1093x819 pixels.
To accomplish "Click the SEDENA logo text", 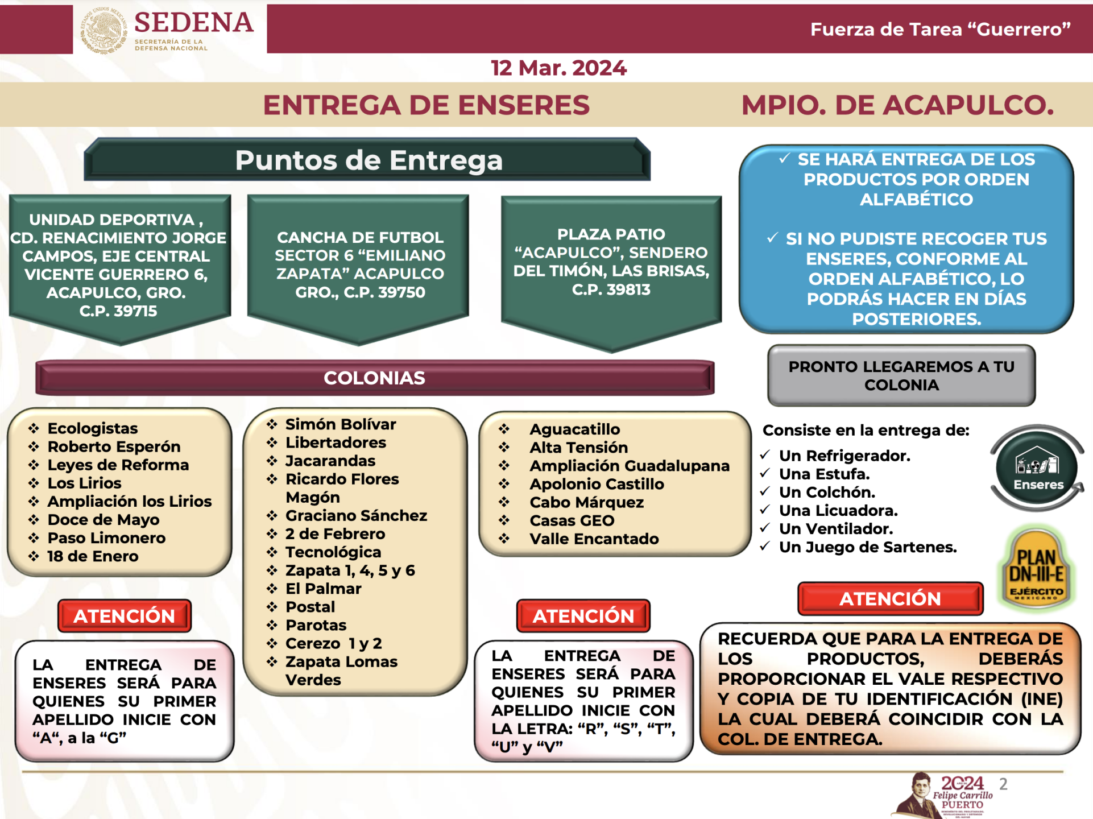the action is click(194, 23).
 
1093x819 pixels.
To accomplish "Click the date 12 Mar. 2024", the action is click(558, 68).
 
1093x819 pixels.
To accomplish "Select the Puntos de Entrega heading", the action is click(369, 160).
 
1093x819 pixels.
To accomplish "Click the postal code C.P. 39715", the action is click(118, 311).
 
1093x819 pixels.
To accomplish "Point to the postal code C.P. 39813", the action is click(611, 289).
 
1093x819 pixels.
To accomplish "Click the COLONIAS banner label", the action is click(374, 378).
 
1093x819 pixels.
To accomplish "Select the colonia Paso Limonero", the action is click(106, 538).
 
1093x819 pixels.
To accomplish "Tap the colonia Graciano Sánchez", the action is click(356, 516).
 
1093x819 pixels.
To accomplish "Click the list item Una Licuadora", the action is click(838, 511).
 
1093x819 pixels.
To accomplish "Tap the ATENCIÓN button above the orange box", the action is click(891, 598).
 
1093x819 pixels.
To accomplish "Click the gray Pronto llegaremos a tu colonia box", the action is click(901, 375).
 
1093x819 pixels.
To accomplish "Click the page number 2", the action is click(1004, 784).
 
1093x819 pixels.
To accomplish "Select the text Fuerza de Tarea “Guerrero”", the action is click(941, 29).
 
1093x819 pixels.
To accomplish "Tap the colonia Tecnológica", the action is click(333, 552).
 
